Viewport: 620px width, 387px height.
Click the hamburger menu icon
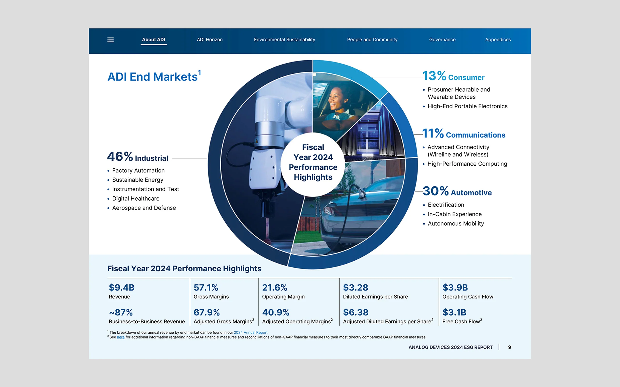(x=110, y=40)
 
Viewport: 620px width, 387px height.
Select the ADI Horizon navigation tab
(x=209, y=40)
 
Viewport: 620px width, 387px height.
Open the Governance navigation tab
(x=442, y=40)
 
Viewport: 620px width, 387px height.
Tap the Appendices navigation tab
(x=498, y=40)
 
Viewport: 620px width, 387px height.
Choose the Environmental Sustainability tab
(x=284, y=40)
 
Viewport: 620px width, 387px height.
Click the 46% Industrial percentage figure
(x=120, y=156)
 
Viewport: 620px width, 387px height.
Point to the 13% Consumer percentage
(x=434, y=76)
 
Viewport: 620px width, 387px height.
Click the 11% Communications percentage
(x=433, y=133)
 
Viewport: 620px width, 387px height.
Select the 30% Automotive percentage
(x=435, y=191)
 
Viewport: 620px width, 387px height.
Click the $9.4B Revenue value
(x=121, y=287)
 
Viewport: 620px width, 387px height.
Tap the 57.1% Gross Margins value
(x=206, y=287)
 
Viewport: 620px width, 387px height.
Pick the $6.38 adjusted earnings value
(x=356, y=312)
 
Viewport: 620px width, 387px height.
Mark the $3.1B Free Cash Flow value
(x=454, y=312)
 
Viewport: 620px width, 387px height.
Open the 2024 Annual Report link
(x=251, y=333)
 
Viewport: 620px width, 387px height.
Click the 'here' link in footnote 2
(x=121, y=337)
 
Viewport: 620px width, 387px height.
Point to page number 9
(x=510, y=347)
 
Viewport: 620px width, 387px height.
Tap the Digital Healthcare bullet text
(x=136, y=199)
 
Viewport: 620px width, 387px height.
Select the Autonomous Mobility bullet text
(x=456, y=224)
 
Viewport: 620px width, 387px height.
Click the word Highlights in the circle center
(x=313, y=177)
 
